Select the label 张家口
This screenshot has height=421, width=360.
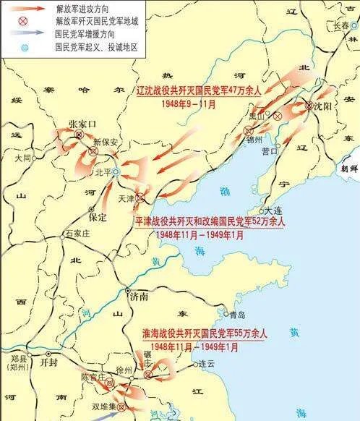tap(81, 124)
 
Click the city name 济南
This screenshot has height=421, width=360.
tap(139, 297)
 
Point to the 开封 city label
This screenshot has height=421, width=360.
tap(49, 362)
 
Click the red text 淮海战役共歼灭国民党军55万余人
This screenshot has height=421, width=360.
tap(205, 335)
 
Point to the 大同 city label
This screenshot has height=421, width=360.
tap(22, 157)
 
